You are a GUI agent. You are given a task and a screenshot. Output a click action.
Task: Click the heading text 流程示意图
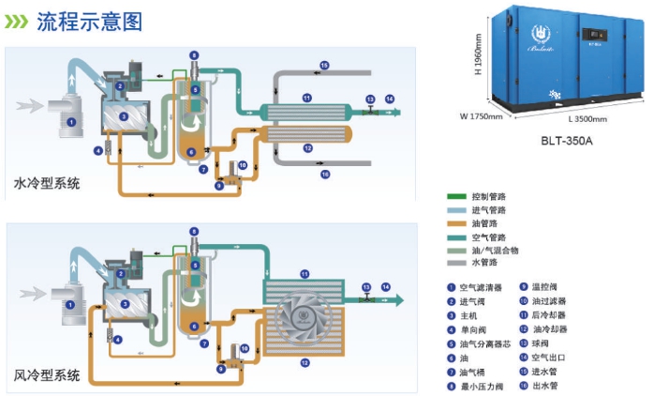point(89,20)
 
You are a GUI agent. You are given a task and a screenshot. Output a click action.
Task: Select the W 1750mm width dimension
point(483,117)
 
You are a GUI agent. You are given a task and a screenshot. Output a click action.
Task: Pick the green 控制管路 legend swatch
point(456,196)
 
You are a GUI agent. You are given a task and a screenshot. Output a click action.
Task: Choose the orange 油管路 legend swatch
point(456,223)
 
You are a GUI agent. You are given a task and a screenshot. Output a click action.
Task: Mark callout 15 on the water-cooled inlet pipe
point(324,65)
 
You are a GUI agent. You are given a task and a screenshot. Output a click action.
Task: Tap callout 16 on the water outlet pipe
point(324,174)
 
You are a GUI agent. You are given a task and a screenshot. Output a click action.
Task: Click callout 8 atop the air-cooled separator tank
point(194,231)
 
